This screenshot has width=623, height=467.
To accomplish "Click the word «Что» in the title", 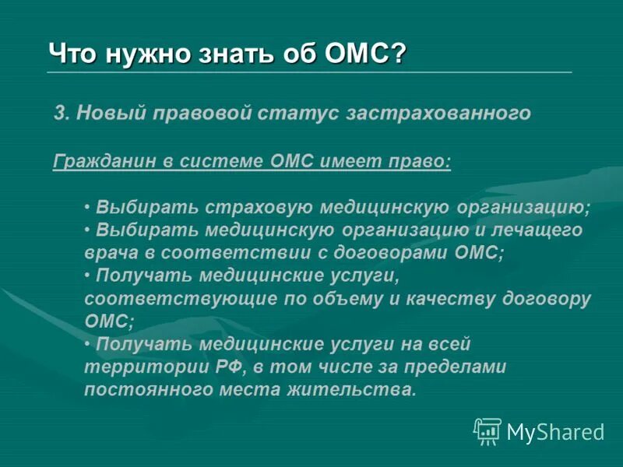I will point(69,54).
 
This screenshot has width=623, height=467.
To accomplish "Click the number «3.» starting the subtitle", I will point(62,114).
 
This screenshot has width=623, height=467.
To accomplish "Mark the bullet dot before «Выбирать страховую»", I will point(88,208).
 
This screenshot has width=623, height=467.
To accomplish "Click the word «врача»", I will point(109,253).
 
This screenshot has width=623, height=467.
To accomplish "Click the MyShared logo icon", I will point(487,430).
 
